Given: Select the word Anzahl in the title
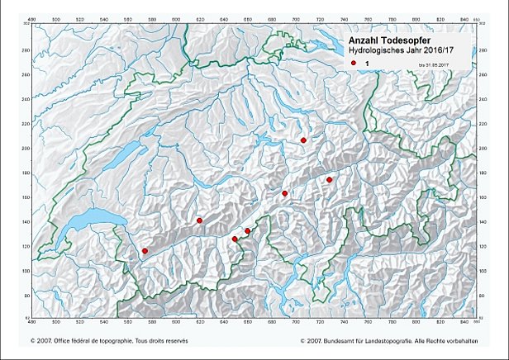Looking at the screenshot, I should click(x=369, y=40).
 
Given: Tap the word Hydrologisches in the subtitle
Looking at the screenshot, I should click(x=383, y=51).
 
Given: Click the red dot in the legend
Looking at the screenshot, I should click(x=353, y=63).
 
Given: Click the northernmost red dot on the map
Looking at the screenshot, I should click(x=304, y=140).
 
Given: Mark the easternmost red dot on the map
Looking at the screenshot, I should click(x=329, y=179).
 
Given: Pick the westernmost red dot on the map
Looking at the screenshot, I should click(x=145, y=251).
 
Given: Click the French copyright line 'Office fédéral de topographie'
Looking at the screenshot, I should click(x=116, y=339).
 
